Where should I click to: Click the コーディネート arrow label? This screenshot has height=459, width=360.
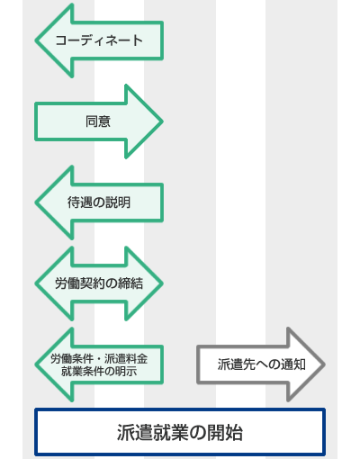coord(99,40)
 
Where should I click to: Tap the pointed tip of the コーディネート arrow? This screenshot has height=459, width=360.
coord(35,40)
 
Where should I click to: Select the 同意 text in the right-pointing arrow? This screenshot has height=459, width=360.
coord(98,121)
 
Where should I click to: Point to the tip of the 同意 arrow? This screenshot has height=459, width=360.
coord(163,121)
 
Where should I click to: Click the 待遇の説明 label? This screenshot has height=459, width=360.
coord(99,202)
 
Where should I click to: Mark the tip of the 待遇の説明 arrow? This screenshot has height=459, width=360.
coord(35,202)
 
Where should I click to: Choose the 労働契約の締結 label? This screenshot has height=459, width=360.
coord(99,283)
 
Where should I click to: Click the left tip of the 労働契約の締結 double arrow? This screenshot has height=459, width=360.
coord(35,283)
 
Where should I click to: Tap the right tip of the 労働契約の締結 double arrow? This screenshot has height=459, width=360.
coord(163,283)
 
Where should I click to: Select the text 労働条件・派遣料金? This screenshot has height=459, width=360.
coord(99,358)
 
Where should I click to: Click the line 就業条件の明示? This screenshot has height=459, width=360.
coord(99,372)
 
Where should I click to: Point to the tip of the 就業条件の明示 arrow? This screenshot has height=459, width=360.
coord(35,364)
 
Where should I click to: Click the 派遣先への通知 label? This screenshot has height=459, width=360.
coord(262,364)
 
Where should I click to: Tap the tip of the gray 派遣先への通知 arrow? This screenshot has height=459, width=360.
coord(325,364)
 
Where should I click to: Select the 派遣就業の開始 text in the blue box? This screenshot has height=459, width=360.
coord(180,433)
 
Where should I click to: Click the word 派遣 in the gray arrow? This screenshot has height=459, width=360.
coord(230,364)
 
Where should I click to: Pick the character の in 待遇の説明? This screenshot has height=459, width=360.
coord(99,202)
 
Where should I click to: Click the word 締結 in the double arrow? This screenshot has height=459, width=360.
coord(130,283)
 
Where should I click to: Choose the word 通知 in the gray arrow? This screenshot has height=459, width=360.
coord(293,364)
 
